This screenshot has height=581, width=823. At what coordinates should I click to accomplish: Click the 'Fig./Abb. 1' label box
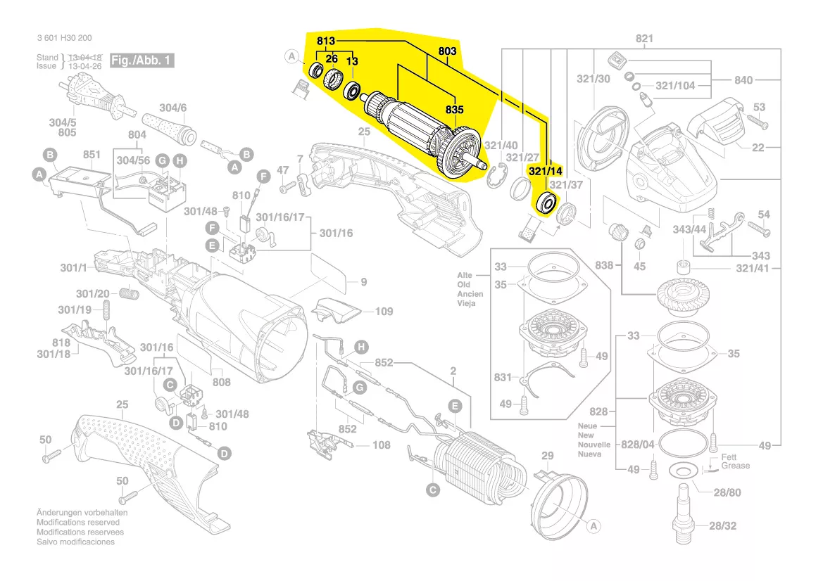click(x=142, y=60)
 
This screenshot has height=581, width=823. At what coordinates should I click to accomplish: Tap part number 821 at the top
click(x=643, y=39)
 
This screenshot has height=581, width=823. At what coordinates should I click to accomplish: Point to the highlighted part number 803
click(x=447, y=51)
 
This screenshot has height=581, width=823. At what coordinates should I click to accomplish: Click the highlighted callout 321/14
click(x=545, y=171)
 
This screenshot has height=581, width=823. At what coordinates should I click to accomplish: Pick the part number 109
click(x=384, y=312)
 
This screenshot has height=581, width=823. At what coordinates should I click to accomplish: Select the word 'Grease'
click(x=735, y=466)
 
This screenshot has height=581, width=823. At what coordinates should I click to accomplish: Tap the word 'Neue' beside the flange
click(x=587, y=426)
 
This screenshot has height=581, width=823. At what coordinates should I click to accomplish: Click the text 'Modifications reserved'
click(x=77, y=523)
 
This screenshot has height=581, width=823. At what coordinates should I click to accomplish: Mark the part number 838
click(x=604, y=265)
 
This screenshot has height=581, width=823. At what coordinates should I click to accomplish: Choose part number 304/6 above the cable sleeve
click(x=172, y=108)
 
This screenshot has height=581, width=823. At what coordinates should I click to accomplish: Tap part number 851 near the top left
click(x=92, y=155)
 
